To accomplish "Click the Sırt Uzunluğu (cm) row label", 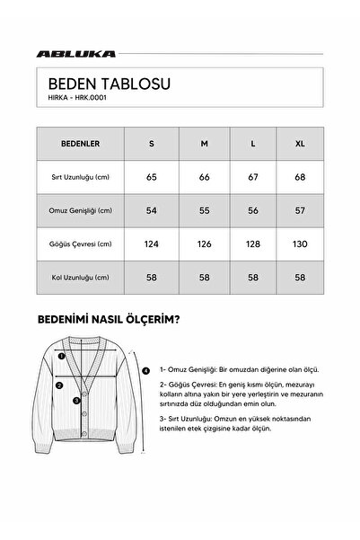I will [x=81, y=177].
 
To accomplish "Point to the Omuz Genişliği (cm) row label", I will [x=81, y=210].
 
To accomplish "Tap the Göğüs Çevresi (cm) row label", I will [x=81, y=243].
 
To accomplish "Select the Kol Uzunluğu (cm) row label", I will [x=81, y=277].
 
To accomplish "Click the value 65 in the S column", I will [x=152, y=177].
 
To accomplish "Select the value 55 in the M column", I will [x=205, y=210].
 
